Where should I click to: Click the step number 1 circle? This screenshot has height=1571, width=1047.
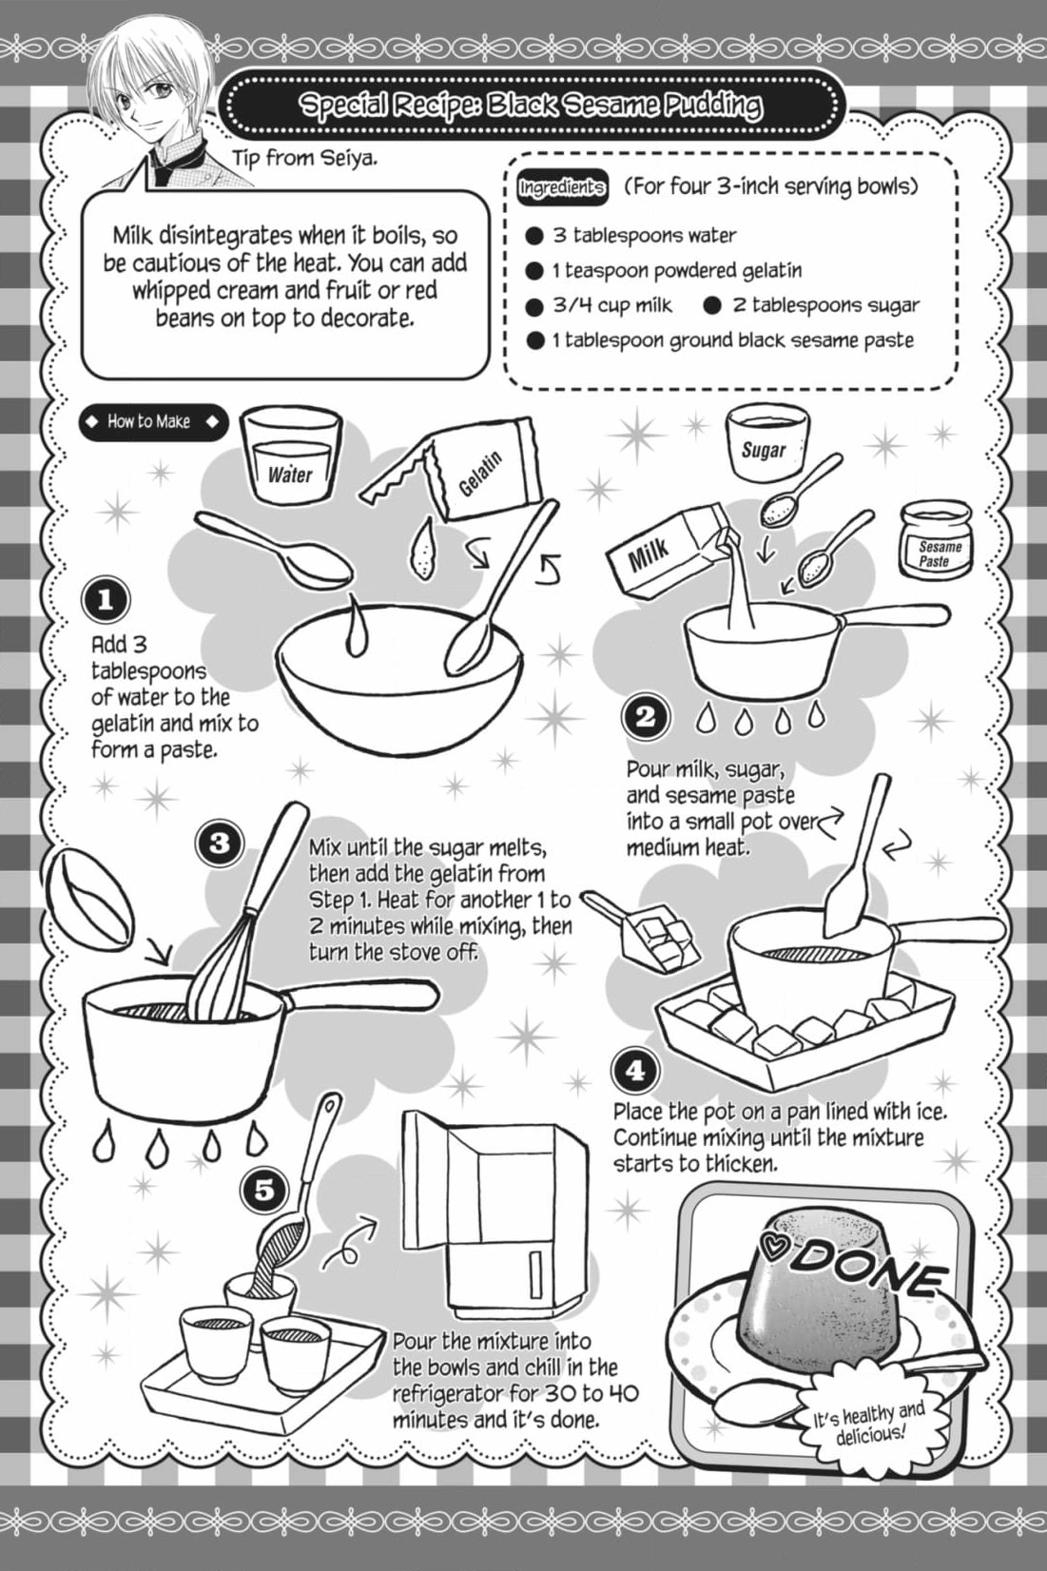[105, 600]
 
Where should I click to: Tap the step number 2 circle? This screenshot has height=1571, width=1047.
[645, 716]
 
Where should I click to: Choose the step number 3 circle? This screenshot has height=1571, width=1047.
[220, 842]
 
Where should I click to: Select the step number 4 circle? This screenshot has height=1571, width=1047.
[634, 1071]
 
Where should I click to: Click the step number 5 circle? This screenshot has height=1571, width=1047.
[263, 1188]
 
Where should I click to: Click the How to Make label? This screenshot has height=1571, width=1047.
[153, 422]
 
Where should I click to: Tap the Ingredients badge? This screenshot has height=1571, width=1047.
[561, 187]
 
